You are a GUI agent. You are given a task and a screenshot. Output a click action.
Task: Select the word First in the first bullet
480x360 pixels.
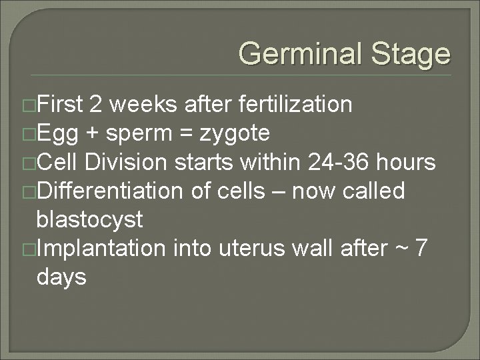[61, 105]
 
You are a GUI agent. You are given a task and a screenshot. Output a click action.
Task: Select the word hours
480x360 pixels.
[406, 163]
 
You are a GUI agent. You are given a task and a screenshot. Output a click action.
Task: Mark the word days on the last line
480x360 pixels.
[62, 277]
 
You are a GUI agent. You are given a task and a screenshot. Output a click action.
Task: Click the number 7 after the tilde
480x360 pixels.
[421, 249]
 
